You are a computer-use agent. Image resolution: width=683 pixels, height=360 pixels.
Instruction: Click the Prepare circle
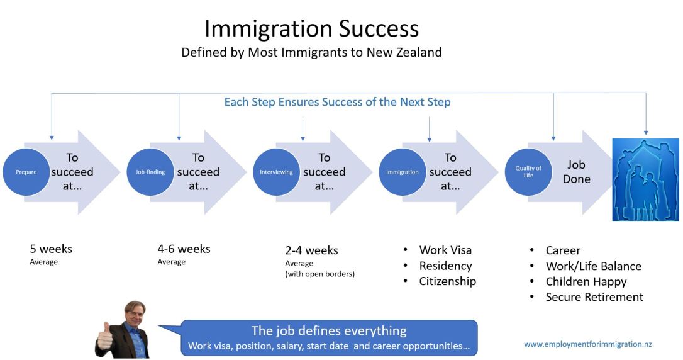[26, 172]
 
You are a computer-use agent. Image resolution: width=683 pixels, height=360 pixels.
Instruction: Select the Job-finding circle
[150, 172]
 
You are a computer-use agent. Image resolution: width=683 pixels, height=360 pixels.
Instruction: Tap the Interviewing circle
[276, 172]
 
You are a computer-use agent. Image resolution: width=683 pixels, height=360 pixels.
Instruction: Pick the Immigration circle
[403, 172]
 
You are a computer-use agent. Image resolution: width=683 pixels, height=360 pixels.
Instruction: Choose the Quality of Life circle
[528, 172]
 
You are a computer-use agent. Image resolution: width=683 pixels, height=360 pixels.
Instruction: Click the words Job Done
[577, 172]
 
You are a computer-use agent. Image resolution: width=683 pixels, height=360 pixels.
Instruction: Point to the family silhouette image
[646, 179]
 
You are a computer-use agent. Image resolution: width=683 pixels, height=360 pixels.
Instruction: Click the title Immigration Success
[311, 29]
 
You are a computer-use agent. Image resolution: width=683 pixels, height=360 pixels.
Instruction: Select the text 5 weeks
[51, 249]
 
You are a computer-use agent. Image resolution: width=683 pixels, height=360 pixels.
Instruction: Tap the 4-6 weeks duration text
[184, 249]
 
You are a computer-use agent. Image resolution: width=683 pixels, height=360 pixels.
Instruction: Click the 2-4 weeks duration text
[311, 250]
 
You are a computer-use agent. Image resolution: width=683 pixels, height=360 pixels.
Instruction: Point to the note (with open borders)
[319, 274]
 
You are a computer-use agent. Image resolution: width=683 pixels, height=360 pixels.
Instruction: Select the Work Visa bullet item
[445, 250]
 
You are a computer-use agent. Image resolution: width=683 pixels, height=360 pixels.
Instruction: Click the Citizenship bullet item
[447, 281]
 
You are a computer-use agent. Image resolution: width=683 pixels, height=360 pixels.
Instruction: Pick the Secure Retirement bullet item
[594, 297]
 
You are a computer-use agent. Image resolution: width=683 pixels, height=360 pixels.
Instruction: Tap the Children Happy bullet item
[586, 281]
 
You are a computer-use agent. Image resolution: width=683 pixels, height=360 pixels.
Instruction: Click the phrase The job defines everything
[329, 331]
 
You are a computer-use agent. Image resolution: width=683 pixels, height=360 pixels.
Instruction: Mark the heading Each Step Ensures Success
[337, 102]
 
